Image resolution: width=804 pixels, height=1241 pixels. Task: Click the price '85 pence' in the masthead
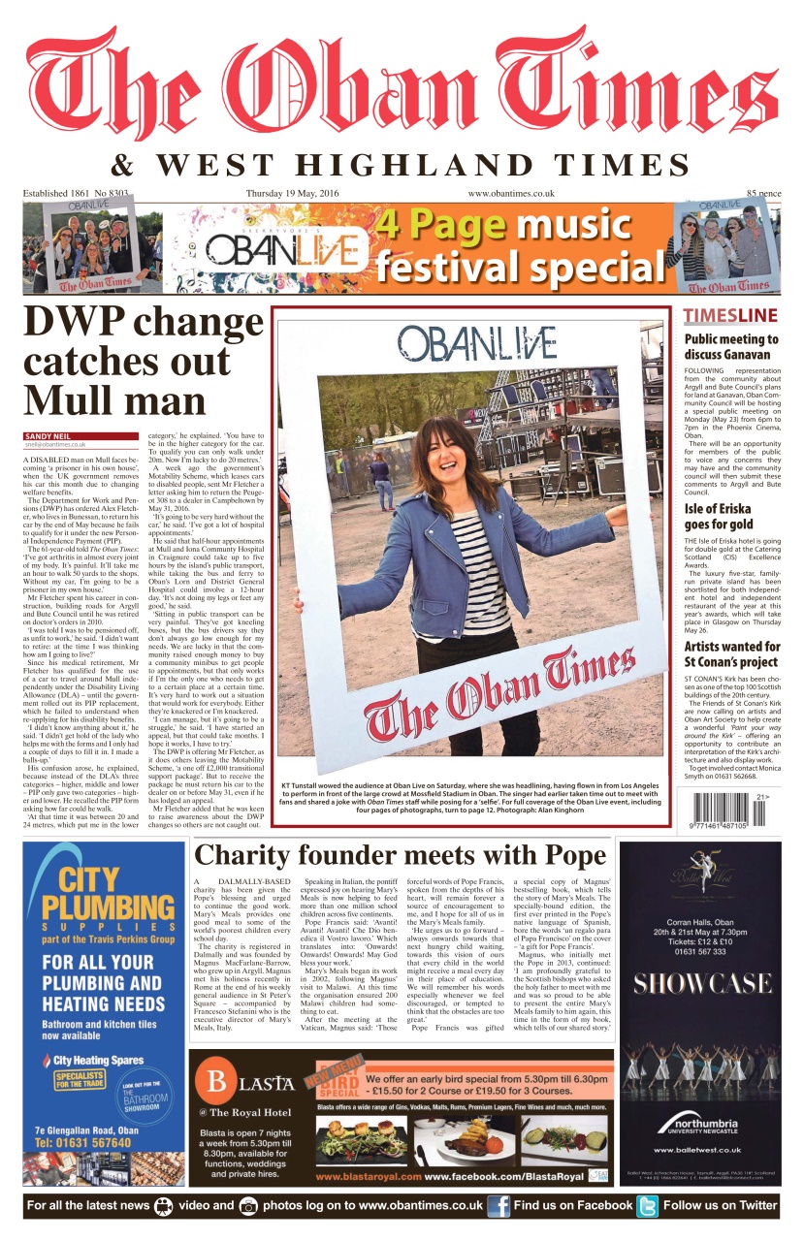(x=763, y=194)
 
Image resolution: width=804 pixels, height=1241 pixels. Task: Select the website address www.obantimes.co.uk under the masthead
(x=511, y=193)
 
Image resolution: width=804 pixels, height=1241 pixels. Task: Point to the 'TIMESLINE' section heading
(x=730, y=315)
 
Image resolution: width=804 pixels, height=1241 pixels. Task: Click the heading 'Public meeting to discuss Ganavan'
(x=731, y=346)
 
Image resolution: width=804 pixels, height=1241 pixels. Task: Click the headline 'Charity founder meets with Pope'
(x=401, y=855)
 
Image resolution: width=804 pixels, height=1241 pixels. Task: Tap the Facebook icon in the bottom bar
(x=498, y=1206)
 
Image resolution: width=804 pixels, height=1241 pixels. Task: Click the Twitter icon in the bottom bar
(x=647, y=1206)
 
